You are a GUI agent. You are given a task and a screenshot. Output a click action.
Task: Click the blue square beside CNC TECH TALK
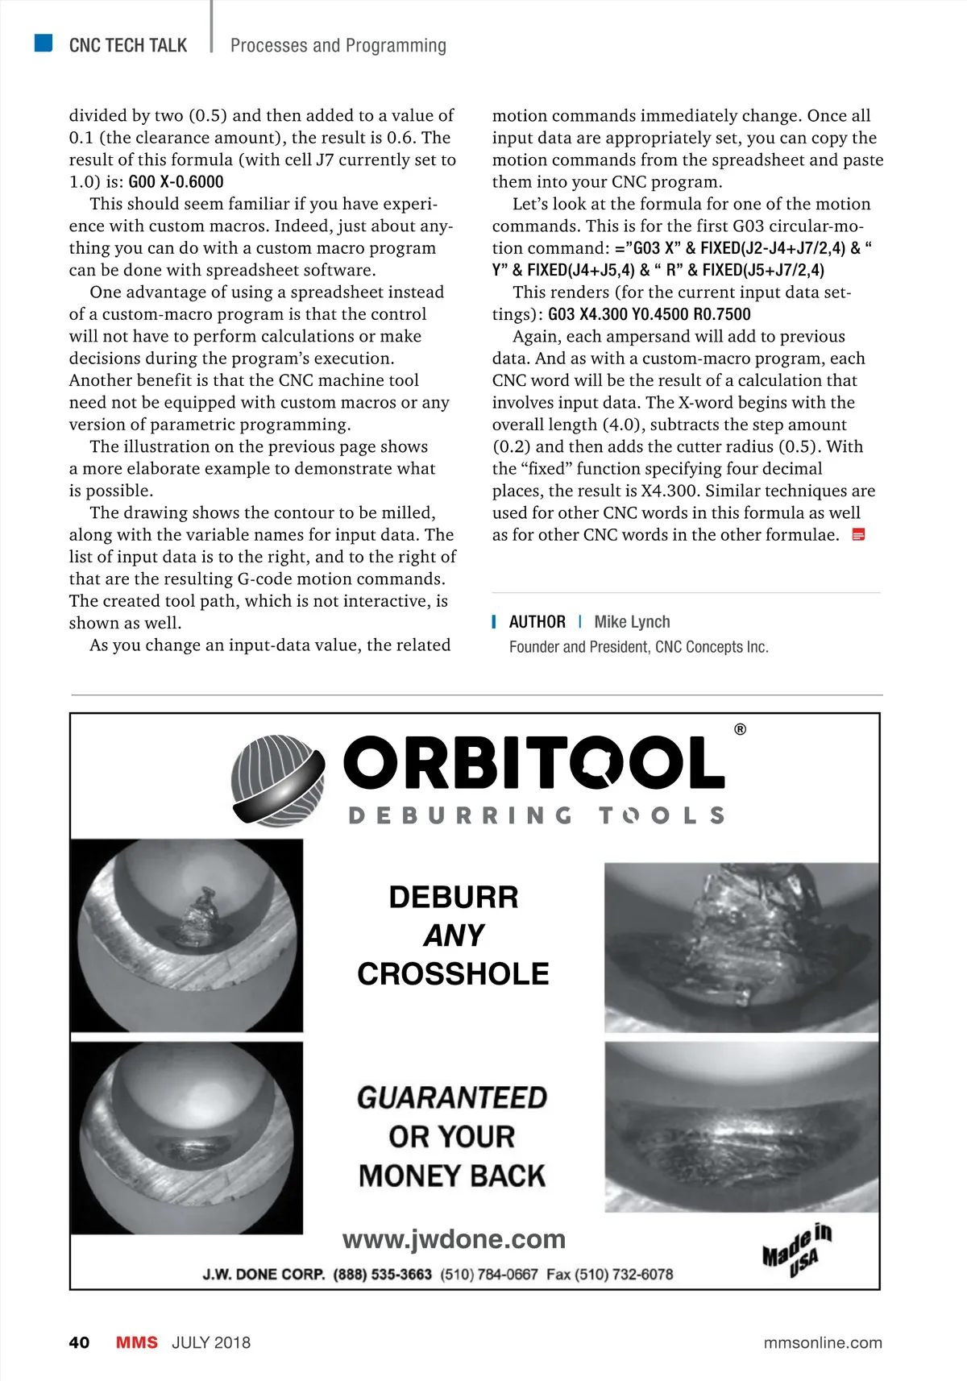(44, 43)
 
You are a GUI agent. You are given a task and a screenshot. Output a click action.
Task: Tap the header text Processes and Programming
(338, 45)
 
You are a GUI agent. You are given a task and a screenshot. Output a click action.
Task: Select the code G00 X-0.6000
(176, 182)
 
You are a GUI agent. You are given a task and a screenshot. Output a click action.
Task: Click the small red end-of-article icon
(858, 535)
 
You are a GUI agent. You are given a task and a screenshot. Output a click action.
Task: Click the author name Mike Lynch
(632, 622)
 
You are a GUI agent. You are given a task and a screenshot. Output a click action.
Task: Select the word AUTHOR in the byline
(537, 622)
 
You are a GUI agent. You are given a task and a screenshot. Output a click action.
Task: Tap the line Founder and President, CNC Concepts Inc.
(638, 647)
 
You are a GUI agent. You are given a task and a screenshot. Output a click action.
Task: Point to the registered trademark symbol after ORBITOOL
(740, 730)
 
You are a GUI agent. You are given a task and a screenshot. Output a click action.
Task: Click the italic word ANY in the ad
(454, 935)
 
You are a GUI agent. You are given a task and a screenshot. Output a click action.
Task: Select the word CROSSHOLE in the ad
(453, 974)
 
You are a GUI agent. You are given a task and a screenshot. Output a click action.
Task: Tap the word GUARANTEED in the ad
(452, 1097)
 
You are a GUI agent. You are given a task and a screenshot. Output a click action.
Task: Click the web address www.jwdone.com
(454, 1239)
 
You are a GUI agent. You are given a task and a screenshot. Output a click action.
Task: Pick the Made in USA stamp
(797, 1250)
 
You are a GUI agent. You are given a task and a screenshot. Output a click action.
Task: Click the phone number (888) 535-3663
(382, 1275)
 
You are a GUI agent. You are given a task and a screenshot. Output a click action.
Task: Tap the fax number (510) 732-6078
(624, 1275)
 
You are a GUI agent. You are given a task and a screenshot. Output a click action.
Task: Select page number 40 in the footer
(79, 1342)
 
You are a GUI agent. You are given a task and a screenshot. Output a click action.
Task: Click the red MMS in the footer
(136, 1342)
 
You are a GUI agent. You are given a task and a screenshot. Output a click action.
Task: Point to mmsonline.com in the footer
(822, 1342)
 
